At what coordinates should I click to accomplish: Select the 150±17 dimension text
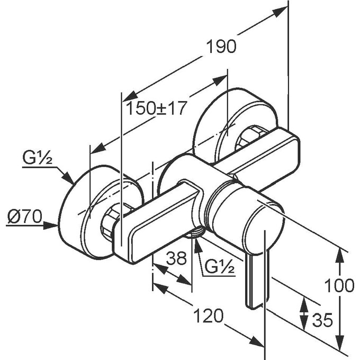point(157,109)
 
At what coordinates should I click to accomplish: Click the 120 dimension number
point(206,316)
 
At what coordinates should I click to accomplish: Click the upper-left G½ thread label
point(36,157)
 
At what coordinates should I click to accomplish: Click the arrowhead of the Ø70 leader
point(55,226)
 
